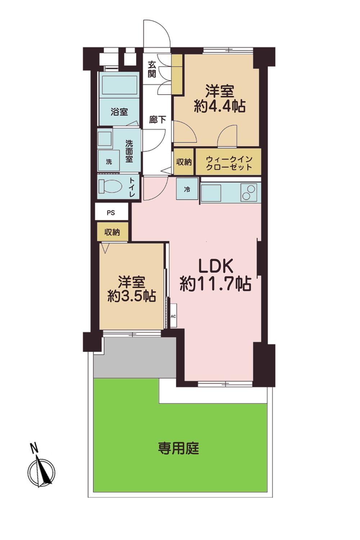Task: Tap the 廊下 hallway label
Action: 157,120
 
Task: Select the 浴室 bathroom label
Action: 120,112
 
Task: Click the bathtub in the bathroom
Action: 120,85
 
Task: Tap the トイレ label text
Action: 132,188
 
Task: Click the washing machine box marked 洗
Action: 109,161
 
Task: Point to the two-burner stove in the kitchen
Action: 249,192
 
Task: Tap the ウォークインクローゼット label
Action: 229,163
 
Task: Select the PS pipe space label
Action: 111,213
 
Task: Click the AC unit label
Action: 173,316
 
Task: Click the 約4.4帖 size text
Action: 220,106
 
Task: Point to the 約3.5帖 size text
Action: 132,296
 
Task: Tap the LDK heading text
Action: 215,265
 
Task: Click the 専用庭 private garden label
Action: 179,449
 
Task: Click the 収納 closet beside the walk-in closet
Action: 184,162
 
